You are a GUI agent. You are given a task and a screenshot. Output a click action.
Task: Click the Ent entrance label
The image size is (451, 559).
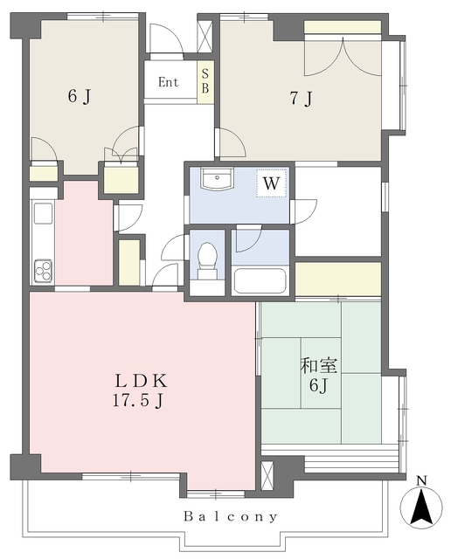(168, 82)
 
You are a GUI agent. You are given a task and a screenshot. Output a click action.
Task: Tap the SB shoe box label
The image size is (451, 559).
(205, 81)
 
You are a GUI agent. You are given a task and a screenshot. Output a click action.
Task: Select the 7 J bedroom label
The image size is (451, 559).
(302, 98)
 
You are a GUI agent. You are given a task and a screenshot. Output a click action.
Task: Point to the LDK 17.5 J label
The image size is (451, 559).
(140, 390)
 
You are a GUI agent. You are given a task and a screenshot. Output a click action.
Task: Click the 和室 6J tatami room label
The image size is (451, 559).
(319, 375)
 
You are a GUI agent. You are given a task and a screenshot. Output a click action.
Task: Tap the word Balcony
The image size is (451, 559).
(231, 516)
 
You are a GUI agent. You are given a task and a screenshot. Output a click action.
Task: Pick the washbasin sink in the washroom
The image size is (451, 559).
(217, 178)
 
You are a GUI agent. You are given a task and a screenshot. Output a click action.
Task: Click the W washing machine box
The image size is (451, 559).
(271, 183)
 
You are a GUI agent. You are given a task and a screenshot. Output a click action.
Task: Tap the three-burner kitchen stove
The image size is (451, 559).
(43, 271)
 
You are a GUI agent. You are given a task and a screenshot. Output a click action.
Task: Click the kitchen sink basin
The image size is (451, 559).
(43, 213)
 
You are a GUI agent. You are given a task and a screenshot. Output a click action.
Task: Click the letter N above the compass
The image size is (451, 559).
(422, 481)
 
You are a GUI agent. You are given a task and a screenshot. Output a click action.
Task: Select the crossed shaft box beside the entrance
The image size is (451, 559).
(205, 37)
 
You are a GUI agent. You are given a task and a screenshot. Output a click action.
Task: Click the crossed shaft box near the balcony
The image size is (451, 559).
(267, 476)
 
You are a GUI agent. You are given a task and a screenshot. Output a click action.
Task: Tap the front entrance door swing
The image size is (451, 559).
(166, 39)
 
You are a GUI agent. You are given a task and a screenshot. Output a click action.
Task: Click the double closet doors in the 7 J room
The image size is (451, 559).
(343, 57)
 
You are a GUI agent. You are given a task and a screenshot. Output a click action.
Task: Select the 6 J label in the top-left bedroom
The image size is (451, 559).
(80, 96)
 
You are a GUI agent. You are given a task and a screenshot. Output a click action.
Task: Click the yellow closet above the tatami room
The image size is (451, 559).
(338, 279)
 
